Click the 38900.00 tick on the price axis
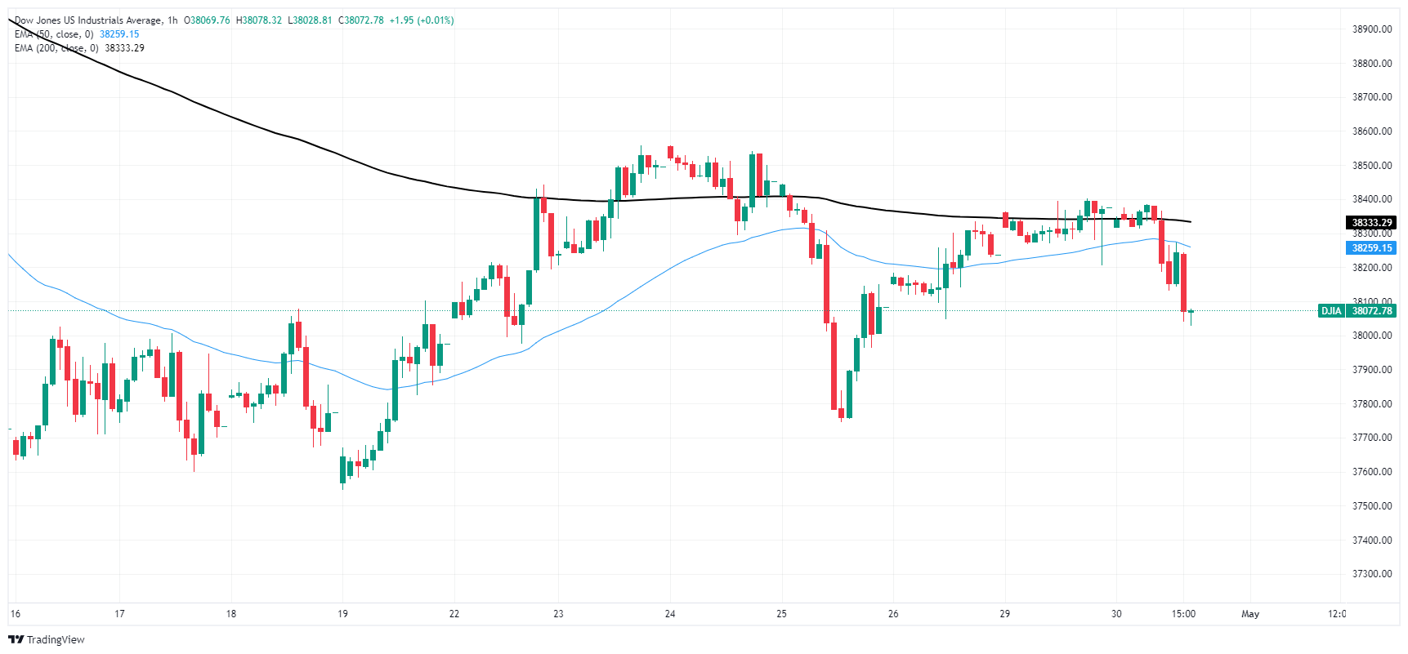point(1371,29)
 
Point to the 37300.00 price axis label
point(1371,574)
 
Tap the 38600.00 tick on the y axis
point(1371,131)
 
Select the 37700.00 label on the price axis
point(1371,438)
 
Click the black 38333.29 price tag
point(1371,223)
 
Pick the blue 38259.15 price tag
point(1371,248)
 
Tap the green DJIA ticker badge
point(1331,311)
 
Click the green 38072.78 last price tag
point(1371,311)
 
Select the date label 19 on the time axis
point(343,614)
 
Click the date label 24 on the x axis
point(670,614)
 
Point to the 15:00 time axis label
point(1183,614)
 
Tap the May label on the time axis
point(1250,614)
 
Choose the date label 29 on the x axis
point(1005,614)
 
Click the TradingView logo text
point(55,640)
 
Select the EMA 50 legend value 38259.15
point(119,34)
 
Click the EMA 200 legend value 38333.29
point(124,48)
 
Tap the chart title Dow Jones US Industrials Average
point(88,20)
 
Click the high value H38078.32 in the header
point(258,20)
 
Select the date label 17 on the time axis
point(119,614)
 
